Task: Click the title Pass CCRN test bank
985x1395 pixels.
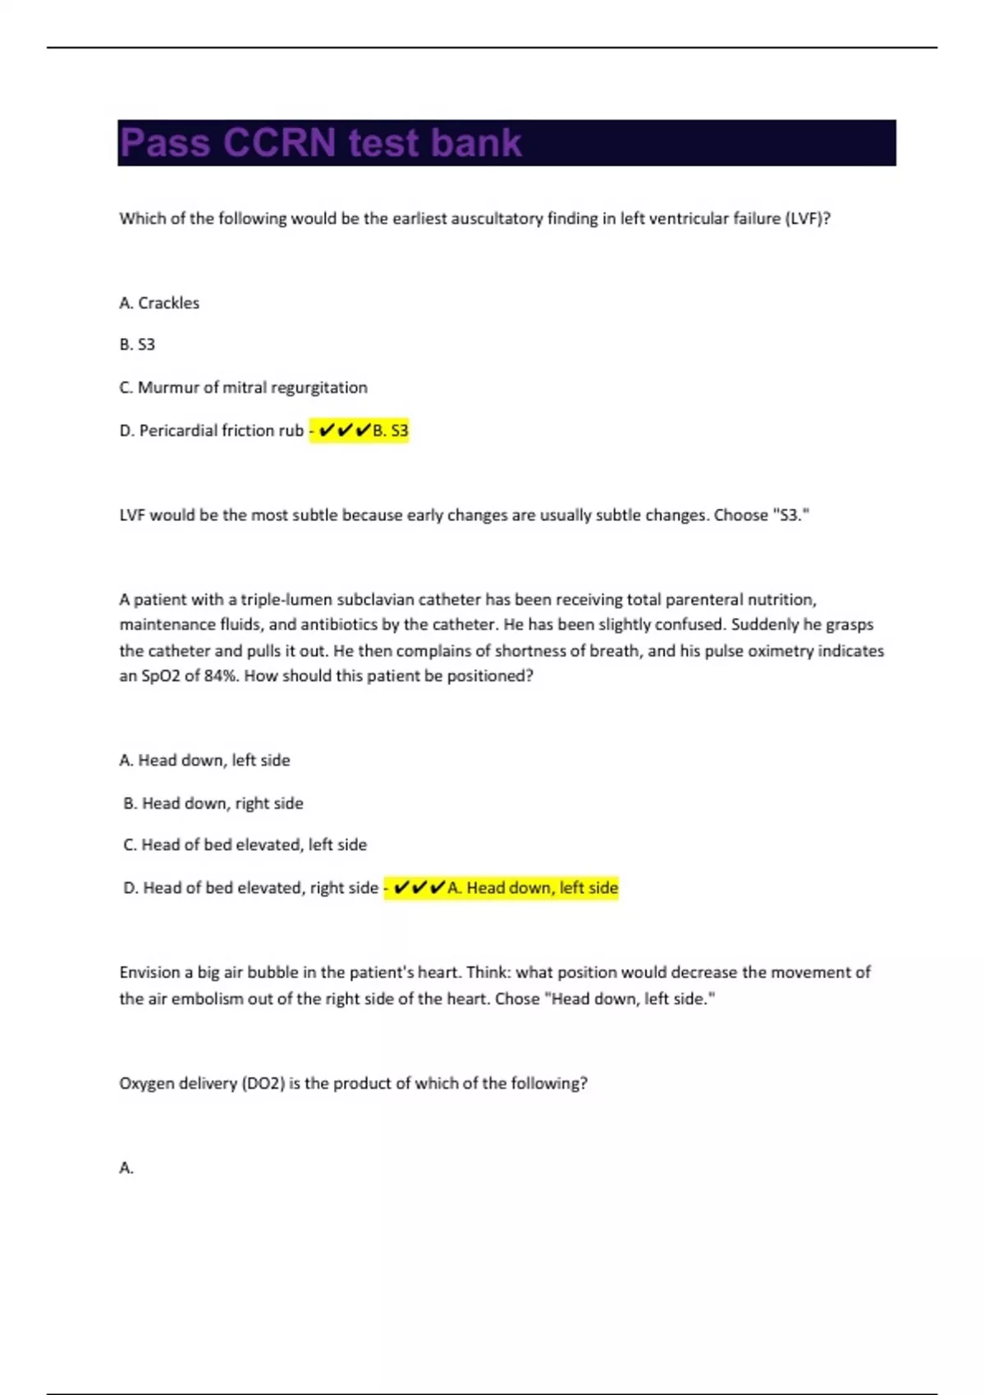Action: (320, 143)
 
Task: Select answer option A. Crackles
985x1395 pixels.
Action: (159, 303)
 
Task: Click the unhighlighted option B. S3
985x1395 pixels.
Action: (137, 345)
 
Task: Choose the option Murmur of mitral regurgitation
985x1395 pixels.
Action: (243, 387)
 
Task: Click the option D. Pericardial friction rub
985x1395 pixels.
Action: (211, 431)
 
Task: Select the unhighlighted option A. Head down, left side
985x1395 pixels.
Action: (204, 761)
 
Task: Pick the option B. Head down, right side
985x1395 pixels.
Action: (213, 803)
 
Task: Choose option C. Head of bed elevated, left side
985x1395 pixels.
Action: (245, 845)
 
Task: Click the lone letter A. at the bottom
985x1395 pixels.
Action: (126, 1168)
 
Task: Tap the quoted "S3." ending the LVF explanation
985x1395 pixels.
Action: (790, 515)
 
